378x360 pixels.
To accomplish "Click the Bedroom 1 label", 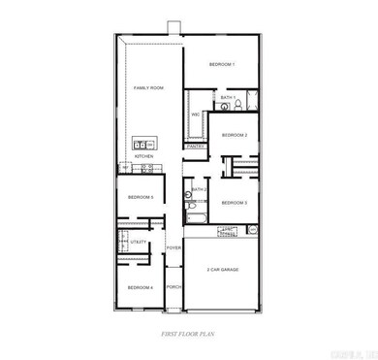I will pos(223,64).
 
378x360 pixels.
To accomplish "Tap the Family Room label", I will pos(148,87).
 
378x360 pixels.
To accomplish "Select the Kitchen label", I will pos(144,155).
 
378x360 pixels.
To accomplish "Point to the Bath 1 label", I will pos(228,98).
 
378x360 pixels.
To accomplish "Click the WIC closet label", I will pos(196,115).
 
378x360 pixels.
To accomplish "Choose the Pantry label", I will pos(195,146).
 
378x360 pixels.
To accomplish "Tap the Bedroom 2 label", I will pos(235,135).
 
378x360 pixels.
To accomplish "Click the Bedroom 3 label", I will pos(235,202).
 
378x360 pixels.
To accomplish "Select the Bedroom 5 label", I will pos(141,198).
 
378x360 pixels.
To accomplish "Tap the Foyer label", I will pos(174,248).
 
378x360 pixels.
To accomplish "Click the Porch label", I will pos(174,287).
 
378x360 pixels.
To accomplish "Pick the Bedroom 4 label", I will pos(140,287).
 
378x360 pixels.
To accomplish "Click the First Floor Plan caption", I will pos(187,333).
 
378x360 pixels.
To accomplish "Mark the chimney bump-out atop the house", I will pos(172,26).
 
